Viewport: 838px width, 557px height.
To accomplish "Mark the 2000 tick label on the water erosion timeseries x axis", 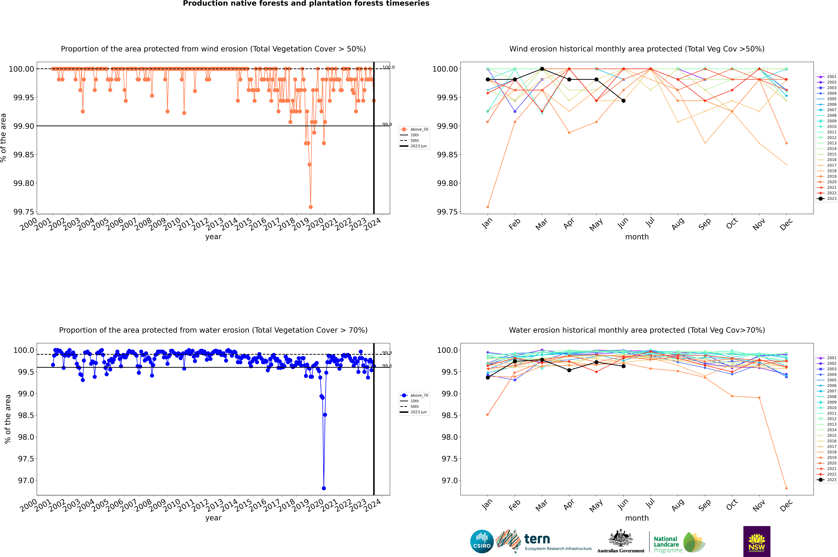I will pyautogui.click(x=28, y=506).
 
